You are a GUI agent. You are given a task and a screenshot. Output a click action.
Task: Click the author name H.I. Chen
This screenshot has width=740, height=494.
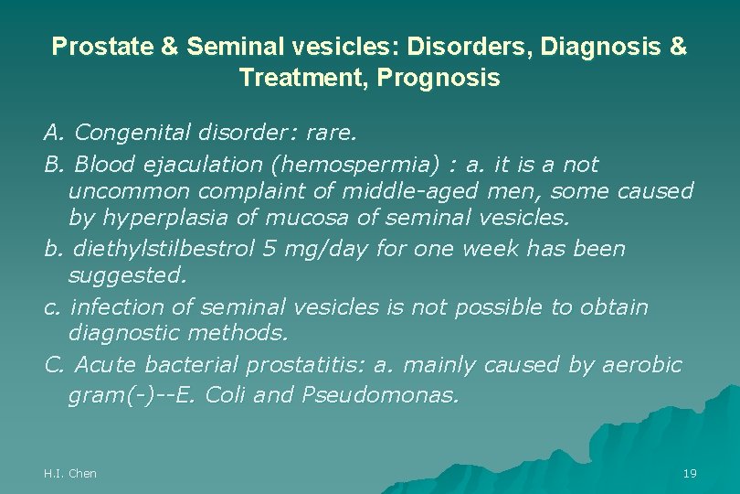coord(70,473)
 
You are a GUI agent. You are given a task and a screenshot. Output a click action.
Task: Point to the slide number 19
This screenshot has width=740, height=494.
coord(690,473)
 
